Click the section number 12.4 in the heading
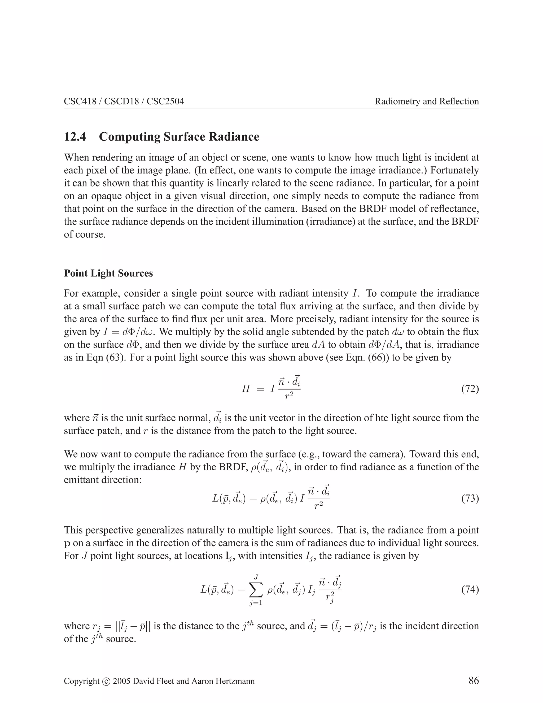[75, 137]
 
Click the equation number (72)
[470, 389]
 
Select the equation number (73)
[470, 499]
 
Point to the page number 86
[474, 680]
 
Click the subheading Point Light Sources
[108, 273]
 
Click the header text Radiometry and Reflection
[427, 101]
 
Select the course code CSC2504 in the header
[165, 101]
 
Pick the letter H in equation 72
[246, 389]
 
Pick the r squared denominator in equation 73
[318, 506]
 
